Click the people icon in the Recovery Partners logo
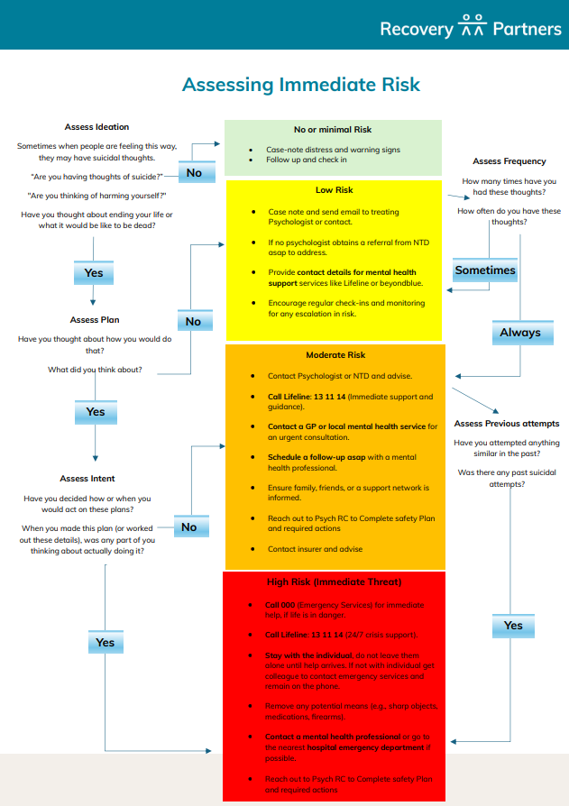(x=473, y=28)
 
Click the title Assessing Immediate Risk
(x=301, y=85)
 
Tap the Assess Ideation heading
(x=97, y=127)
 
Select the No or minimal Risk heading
(x=333, y=130)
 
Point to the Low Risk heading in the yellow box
(x=334, y=190)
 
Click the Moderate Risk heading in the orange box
(x=334, y=355)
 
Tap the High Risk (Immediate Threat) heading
(x=334, y=582)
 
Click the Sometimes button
(x=485, y=270)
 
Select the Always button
(x=520, y=333)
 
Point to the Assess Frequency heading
(x=509, y=161)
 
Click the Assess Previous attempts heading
(x=507, y=424)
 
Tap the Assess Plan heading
(x=95, y=320)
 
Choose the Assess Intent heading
(x=87, y=479)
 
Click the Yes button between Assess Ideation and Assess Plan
(x=94, y=273)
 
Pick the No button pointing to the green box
(x=194, y=172)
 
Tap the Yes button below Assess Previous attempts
(x=513, y=625)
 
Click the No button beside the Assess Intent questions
(x=189, y=527)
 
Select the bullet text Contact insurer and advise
(x=316, y=549)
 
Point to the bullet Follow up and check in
(x=306, y=160)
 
